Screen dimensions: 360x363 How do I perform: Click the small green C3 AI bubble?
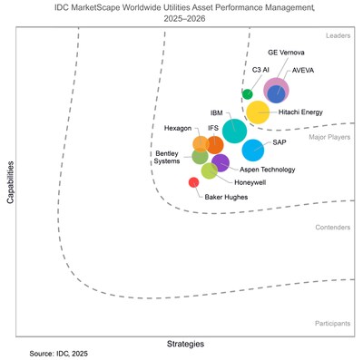[x=247, y=93]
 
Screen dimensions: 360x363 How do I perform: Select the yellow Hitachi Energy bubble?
[x=258, y=113]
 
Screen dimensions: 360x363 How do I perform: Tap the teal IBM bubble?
[x=233, y=131]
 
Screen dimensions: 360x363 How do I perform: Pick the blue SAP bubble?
[x=253, y=150]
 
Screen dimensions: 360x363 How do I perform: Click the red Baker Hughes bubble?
[x=193, y=182]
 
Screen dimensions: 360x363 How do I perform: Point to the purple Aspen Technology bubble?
[x=221, y=163]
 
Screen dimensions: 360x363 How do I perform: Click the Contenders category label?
[x=332, y=228]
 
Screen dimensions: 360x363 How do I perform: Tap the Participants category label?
[x=332, y=322]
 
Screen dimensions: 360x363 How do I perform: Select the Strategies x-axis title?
[x=185, y=344]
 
